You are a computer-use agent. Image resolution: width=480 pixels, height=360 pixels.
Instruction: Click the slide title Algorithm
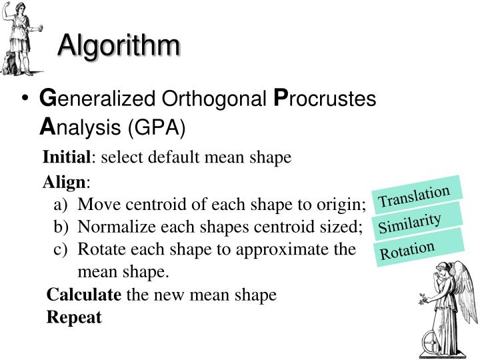118,46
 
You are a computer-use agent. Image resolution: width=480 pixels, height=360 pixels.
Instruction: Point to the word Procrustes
326,99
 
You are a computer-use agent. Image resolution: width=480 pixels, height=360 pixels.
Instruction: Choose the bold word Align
65,183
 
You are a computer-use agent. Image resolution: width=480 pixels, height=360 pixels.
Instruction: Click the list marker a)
62,203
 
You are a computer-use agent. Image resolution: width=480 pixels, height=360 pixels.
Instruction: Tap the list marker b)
62,227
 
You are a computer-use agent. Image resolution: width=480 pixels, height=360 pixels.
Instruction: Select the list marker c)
61,249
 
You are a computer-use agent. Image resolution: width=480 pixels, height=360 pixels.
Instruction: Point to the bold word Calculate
84,295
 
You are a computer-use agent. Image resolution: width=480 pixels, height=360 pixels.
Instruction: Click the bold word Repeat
74,317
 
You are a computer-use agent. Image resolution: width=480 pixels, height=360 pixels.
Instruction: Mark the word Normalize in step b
113,227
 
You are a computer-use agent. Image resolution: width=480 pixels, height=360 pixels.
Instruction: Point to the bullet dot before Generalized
25,100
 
